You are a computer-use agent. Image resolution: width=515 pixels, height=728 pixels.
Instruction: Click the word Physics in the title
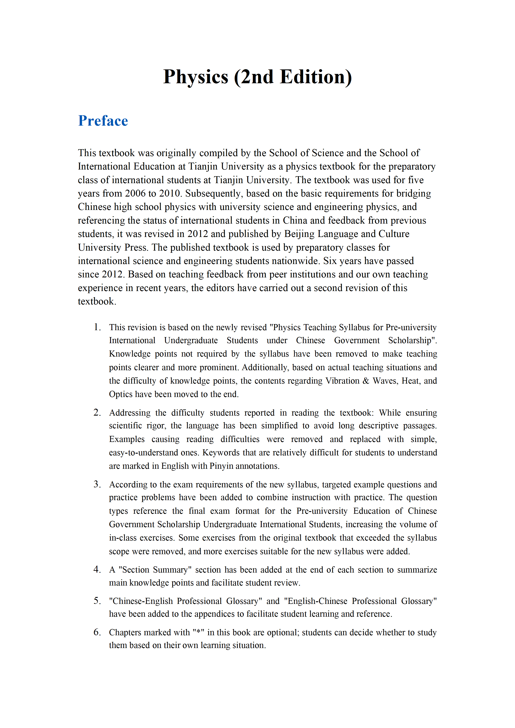[x=196, y=77]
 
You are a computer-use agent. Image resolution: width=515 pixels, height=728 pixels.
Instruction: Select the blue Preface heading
[x=103, y=121]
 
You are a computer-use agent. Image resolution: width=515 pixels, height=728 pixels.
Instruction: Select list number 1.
[x=97, y=327]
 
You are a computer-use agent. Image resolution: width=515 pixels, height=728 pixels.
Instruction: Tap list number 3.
[x=97, y=484]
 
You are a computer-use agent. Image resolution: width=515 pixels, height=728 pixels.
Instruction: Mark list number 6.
[x=97, y=632]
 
